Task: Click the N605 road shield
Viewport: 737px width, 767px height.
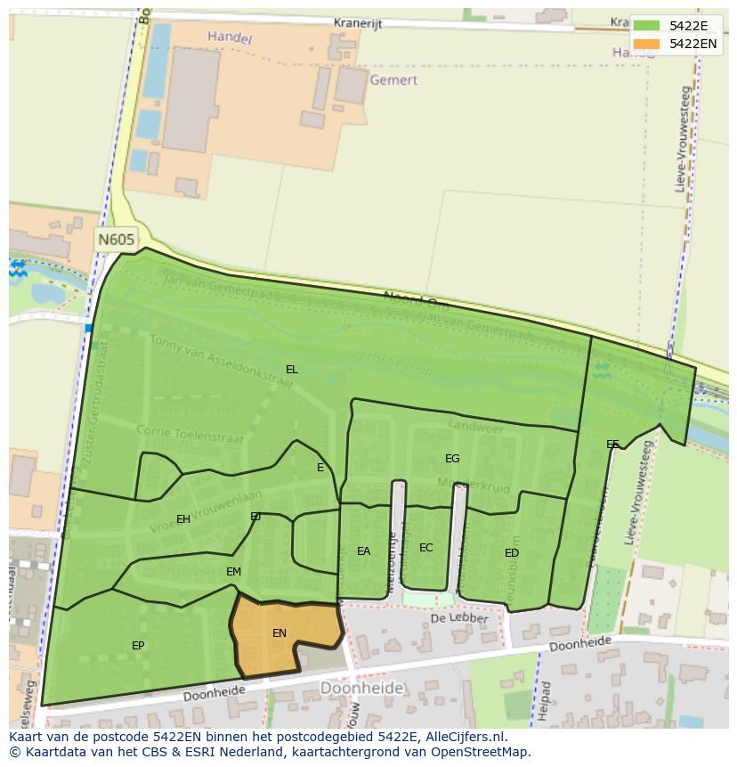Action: click(117, 240)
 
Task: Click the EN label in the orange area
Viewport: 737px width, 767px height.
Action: click(279, 633)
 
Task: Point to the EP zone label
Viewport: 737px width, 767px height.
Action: click(138, 646)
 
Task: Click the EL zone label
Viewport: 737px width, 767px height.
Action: click(292, 369)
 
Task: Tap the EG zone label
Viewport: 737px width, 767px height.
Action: click(452, 459)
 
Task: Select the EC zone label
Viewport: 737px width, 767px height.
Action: click(425, 548)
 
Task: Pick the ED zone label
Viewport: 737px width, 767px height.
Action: click(512, 553)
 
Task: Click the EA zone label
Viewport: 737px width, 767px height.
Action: click(363, 551)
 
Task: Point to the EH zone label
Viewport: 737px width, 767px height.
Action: click(183, 519)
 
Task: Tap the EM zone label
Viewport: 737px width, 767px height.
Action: click(233, 572)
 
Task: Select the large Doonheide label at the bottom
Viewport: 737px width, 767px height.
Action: click(361, 688)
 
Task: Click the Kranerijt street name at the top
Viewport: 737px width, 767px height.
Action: click(358, 24)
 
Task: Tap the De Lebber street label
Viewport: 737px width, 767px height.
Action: click(459, 618)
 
